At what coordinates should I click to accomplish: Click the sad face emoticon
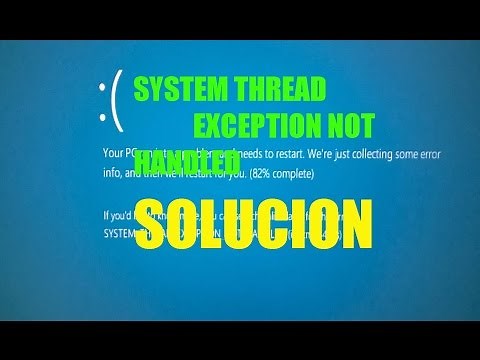point(109,100)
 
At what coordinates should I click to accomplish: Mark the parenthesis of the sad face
point(116,100)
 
